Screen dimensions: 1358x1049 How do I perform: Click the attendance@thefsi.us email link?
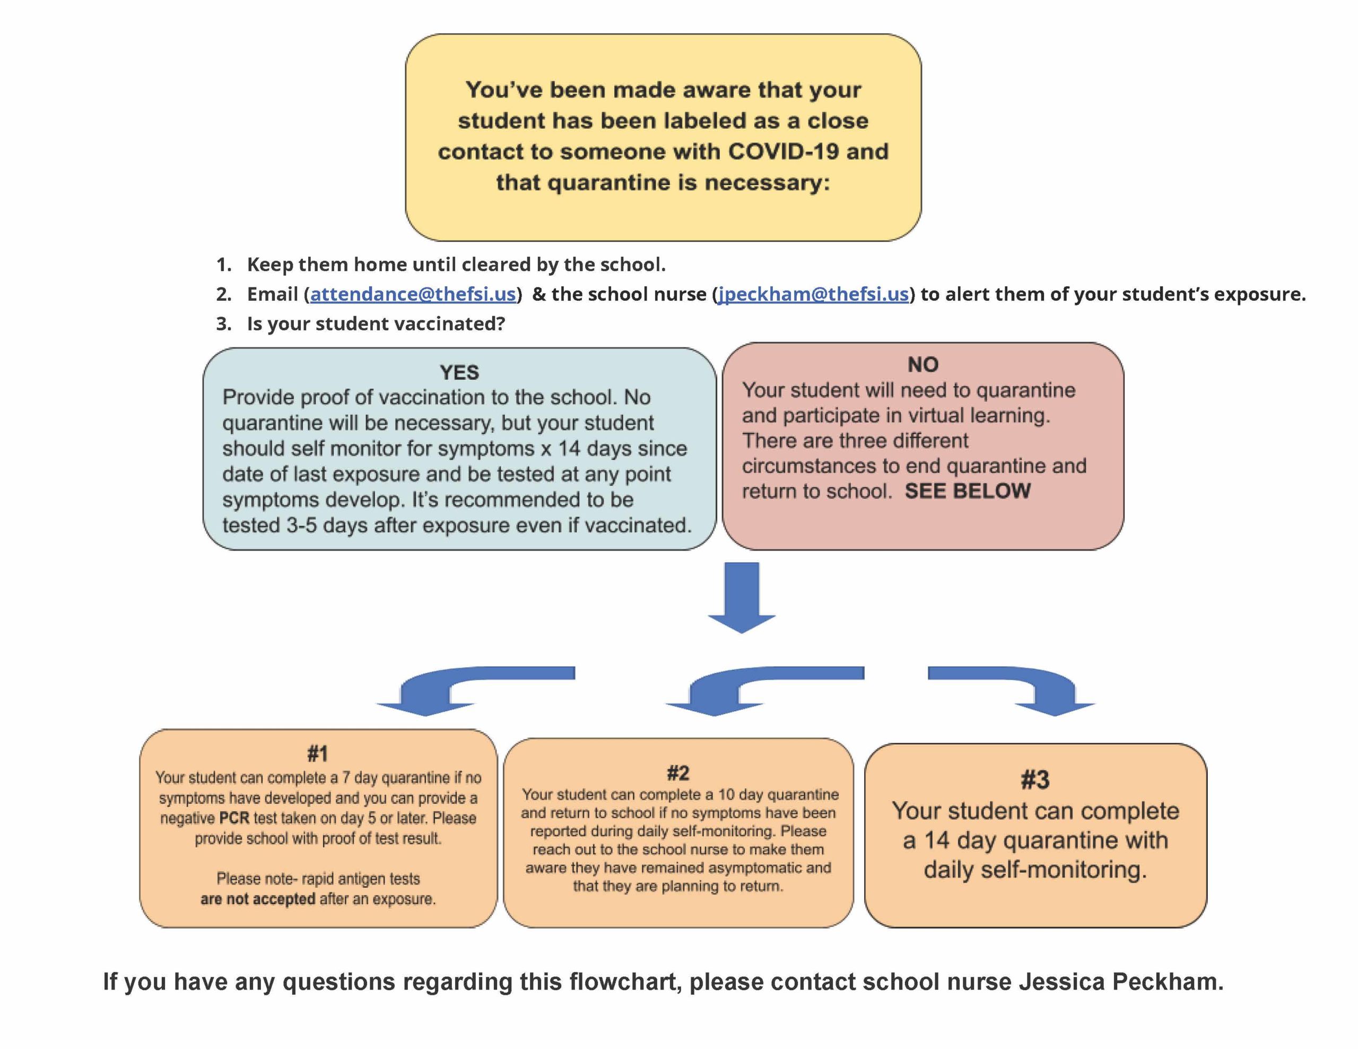(413, 294)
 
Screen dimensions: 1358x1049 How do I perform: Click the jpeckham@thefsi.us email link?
(813, 294)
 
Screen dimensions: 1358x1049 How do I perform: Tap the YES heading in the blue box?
(459, 372)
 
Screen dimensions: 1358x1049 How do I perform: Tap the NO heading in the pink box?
(922, 364)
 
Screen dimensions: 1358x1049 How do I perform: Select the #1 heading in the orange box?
(318, 754)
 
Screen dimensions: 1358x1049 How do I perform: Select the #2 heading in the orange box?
(678, 773)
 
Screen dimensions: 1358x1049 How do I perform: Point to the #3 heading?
(1035, 780)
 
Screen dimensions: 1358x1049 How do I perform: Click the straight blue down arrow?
(742, 598)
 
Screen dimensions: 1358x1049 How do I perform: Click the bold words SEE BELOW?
(968, 491)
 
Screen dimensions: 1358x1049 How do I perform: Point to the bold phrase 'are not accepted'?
(258, 899)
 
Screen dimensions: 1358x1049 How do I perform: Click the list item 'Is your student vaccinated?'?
(376, 324)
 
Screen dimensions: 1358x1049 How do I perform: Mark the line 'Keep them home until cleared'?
(456, 264)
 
